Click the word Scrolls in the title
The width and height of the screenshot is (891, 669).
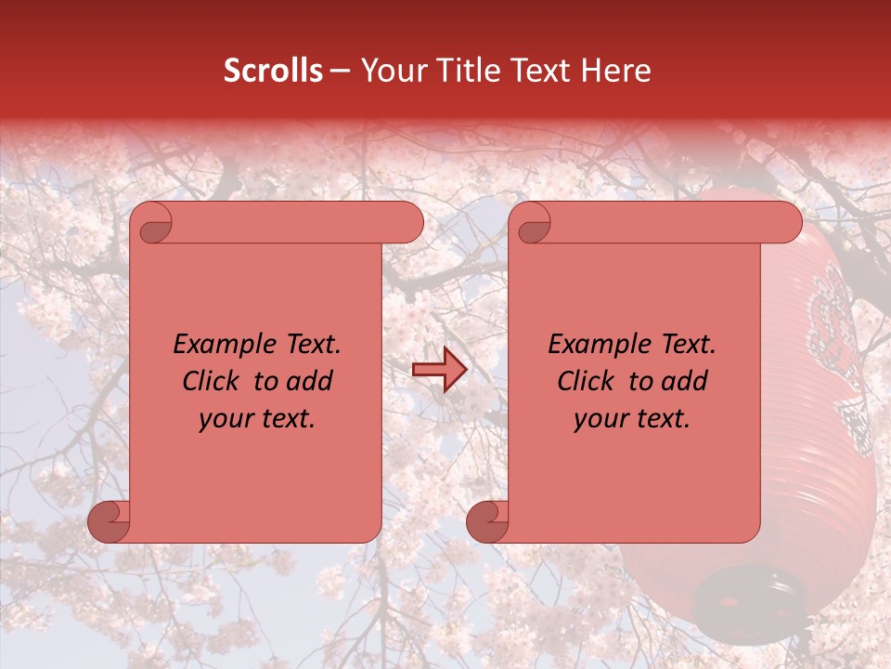[x=273, y=71]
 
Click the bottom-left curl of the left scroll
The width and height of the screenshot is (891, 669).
[x=110, y=521]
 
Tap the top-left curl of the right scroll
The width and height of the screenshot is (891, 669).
[x=533, y=224]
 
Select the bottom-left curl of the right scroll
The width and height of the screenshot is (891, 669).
[x=488, y=521]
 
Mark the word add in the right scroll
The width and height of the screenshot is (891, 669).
[x=685, y=381]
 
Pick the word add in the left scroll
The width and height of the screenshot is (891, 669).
[x=310, y=381]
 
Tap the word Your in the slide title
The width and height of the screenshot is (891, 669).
[x=391, y=71]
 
